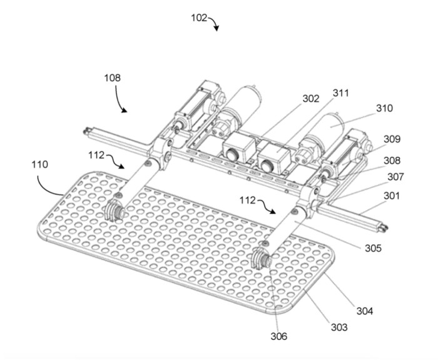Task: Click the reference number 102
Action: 199,18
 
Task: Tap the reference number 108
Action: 112,77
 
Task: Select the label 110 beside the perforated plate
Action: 39,164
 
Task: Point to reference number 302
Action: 311,99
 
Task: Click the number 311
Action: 341,93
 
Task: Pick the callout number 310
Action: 384,108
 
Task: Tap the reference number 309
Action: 392,139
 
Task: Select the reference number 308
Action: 392,161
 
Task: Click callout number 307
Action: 395,177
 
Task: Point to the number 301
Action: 392,196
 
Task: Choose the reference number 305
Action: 373,248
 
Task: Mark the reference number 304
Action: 365,311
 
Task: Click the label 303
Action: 339,327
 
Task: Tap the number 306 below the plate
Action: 279,336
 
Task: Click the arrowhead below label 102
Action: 216,28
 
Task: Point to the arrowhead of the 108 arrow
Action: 125,111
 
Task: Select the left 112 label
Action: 96,155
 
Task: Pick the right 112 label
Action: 248,200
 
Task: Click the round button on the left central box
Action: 232,154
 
